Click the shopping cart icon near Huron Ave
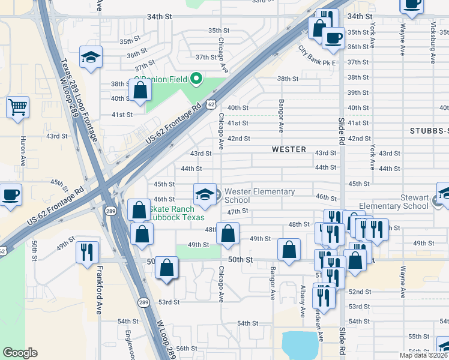click(18, 107)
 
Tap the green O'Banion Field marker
click(195, 79)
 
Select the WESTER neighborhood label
click(289, 149)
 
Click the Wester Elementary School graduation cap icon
click(204, 193)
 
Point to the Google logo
click(20, 353)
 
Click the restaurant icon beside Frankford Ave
click(87, 251)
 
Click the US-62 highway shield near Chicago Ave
click(211, 104)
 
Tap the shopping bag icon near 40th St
click(140, 90)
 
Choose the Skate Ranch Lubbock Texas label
click(177, 213)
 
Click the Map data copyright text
click(424, 355)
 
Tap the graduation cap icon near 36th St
click(91, 58)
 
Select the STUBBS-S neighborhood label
click(429, 130)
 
